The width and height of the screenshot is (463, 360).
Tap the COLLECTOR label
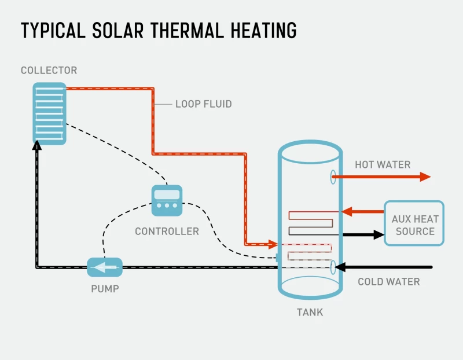(x=49, y=71)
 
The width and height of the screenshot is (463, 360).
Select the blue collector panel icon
(x=49, y=113)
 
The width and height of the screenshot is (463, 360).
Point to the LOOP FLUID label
(x=203, y=104)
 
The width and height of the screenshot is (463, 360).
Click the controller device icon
(x=167, y=200)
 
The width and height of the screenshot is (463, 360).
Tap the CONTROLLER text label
(x=167, y=232)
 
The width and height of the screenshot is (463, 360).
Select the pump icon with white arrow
(x=105, y=267)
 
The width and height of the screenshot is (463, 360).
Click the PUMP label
(x=105, y=288)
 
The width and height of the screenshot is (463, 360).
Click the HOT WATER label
(x=383, y=164)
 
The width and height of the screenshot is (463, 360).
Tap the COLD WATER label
(x=388, y=282)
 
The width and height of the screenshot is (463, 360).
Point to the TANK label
(x=310, y=313)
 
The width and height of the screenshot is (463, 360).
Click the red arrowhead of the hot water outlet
(x=425, y=177)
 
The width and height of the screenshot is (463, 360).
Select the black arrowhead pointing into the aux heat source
(x=379, y=234)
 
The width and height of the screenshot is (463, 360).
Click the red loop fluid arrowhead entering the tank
(x=272, y=244)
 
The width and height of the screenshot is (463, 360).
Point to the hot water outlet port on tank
(x=333, y=177)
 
